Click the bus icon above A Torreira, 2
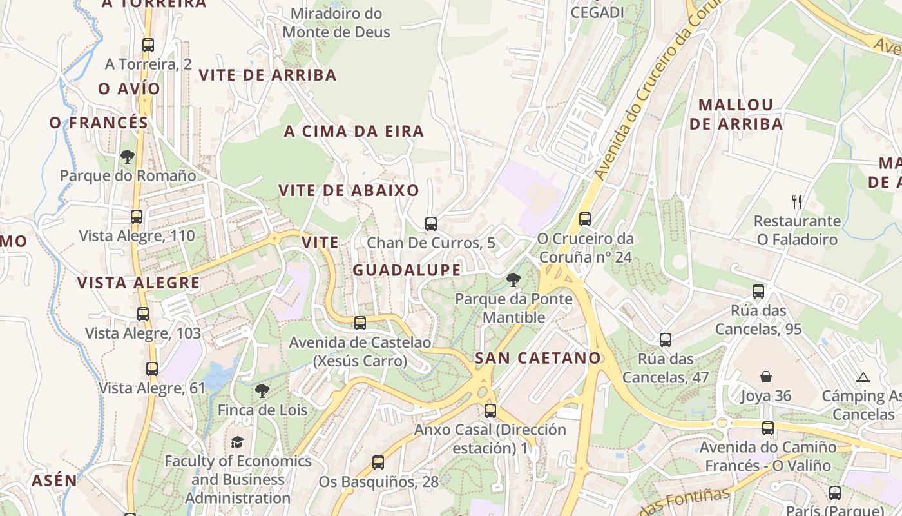[148, 45]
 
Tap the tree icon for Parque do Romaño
[128, 156]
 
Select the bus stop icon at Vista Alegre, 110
[137, 217]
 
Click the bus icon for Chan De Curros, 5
[431, 224]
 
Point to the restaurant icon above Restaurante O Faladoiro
[797, 202]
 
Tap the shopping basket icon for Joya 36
[766, 377]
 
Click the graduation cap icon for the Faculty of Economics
[238, 442]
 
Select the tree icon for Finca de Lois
[262, 390]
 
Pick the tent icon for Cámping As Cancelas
[863, 377]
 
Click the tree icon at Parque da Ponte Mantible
[513, 280]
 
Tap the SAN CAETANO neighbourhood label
[537, 358]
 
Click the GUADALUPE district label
[407, 270]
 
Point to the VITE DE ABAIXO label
[349, 190]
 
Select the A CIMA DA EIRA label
[354, 132]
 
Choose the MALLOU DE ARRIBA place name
[736, 114]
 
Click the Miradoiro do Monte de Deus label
[336, 23]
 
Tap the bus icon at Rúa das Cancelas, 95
[758, 292]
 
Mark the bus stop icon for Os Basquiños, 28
[378, 462]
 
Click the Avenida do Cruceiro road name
[651, 97]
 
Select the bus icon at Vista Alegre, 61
[152, 369]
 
